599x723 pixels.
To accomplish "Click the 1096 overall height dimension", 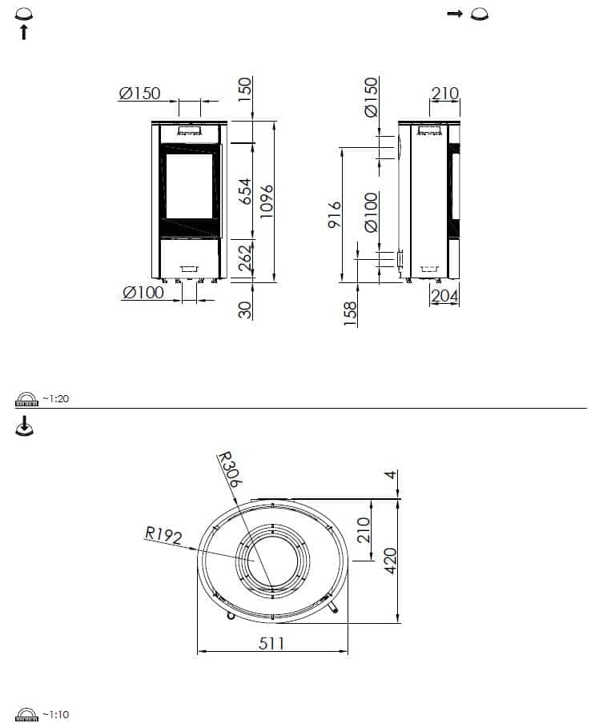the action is [267, 202].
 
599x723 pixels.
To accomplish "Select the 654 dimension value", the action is [246, 191].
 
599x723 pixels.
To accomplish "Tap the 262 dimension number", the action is [246, 258].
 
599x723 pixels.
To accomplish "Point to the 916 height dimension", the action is [334, 214].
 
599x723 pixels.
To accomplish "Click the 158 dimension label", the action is [351, 314].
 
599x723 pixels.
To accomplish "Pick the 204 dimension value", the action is [444, 296].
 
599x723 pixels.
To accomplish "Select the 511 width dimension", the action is [271, 643].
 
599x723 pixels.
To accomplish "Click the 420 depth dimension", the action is [390, 561].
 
